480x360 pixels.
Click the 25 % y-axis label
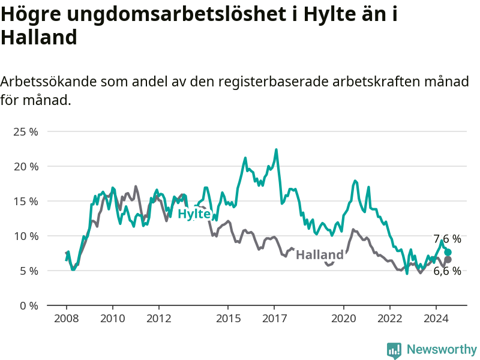tap(26, 132)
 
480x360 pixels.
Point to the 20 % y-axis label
tap(26, 167)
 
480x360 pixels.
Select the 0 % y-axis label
tap(29, 306)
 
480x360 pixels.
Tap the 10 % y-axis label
tap(26, 236)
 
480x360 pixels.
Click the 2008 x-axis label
tap(67, 319)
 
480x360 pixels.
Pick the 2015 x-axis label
tap(229, 319)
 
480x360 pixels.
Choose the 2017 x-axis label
tap(275, 319)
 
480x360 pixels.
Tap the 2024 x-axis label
tap(436, 319)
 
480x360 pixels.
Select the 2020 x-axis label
tap(343, 319)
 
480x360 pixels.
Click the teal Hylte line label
tap(194, 214)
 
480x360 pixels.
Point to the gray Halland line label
tap(320, 254)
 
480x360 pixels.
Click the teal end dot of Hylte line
tap(448, 252)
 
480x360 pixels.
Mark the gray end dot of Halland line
tap(448, 260)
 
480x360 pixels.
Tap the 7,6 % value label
tap(447, 239)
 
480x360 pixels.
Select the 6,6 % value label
tap(447, 271)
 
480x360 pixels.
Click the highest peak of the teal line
tap(276, 149)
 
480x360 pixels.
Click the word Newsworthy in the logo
tap(442, 349)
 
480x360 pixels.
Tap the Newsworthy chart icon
tap(394, 350)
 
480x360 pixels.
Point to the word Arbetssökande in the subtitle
tap(49, 82)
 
